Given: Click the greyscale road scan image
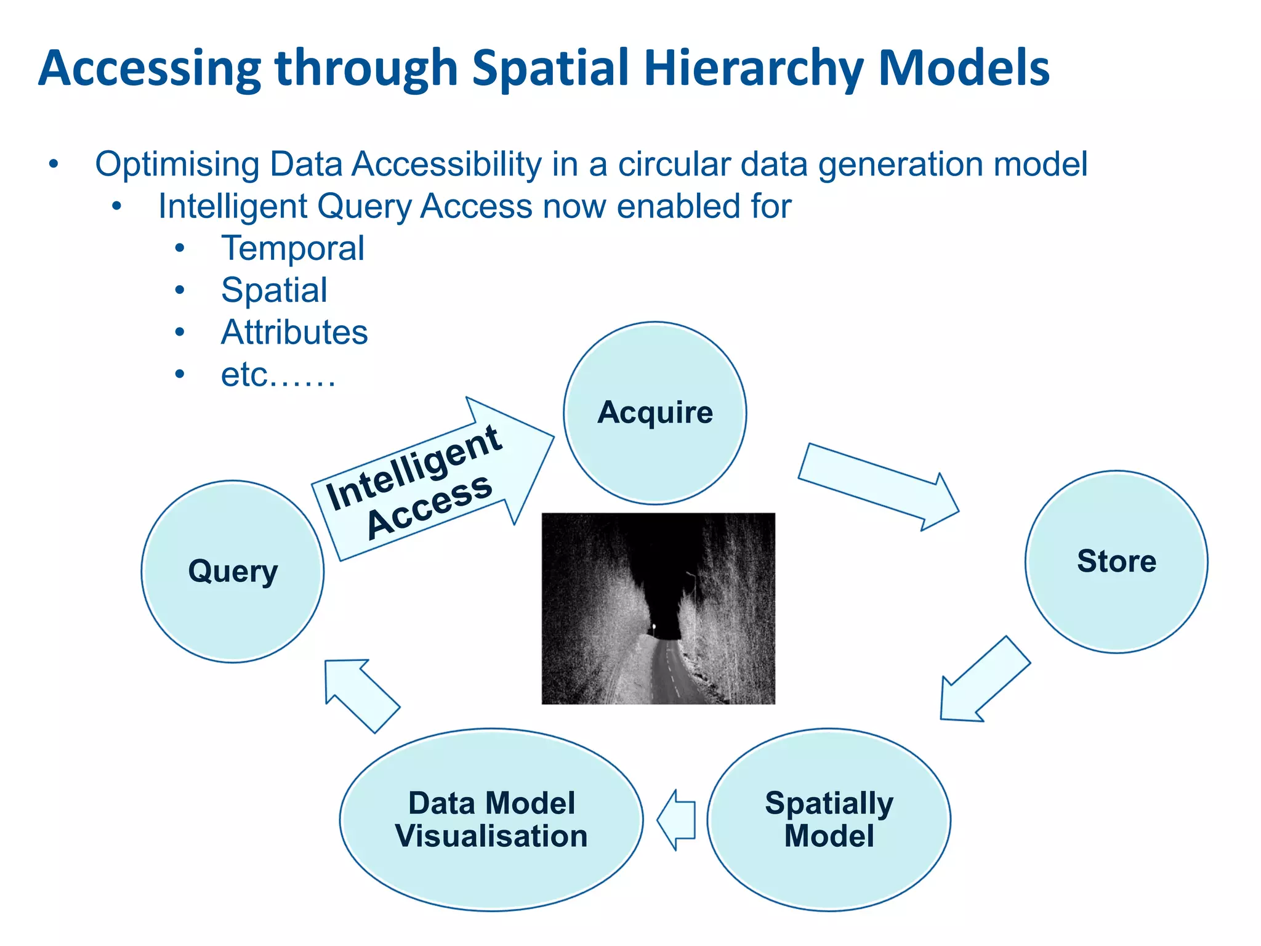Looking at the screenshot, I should pyautogui.click(x=658, y=608).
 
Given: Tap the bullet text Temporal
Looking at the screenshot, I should pyautogui.click(x=292, y=248).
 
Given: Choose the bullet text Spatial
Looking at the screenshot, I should pyautogui.click(x=274, y=290).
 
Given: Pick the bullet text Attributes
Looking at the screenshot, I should pyautogui.click(x=294, y=333).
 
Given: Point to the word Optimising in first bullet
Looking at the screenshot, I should pyautogui.click(x=177, y=164).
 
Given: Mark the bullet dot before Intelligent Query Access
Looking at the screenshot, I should pyautogui.click(x=117, y=206).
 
